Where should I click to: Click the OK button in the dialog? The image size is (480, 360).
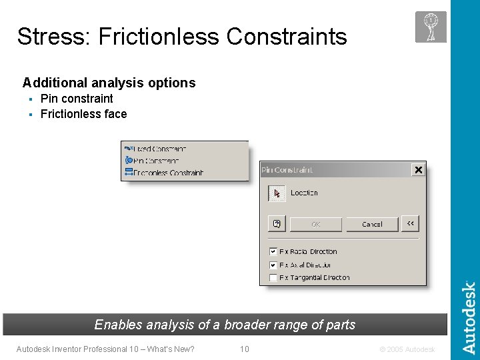tap(316, 224)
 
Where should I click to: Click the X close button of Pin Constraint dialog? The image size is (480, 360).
tap(418, 170)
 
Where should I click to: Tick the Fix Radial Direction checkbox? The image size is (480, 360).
tap(273, 251)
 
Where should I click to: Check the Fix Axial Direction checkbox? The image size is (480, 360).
tap(273, 265)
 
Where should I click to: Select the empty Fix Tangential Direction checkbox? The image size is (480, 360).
tap(273, 277)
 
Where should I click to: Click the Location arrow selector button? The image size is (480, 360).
tap(277, 193)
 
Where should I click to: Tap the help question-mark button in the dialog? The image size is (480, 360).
tap(277, 224)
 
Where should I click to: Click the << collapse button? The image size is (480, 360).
tap(411, 224)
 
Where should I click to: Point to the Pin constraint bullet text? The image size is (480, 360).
tap(77, 99)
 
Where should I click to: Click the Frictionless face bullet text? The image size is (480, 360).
tap(83, 114)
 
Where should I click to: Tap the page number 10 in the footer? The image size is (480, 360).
tap(245, 349)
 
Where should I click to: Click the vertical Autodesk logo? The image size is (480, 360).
tap(469, 317)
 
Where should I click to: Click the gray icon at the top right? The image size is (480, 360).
tap(431, 27)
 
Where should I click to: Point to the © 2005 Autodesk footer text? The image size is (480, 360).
tap(407, 349)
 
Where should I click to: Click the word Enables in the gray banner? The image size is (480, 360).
tap(119, 325)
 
